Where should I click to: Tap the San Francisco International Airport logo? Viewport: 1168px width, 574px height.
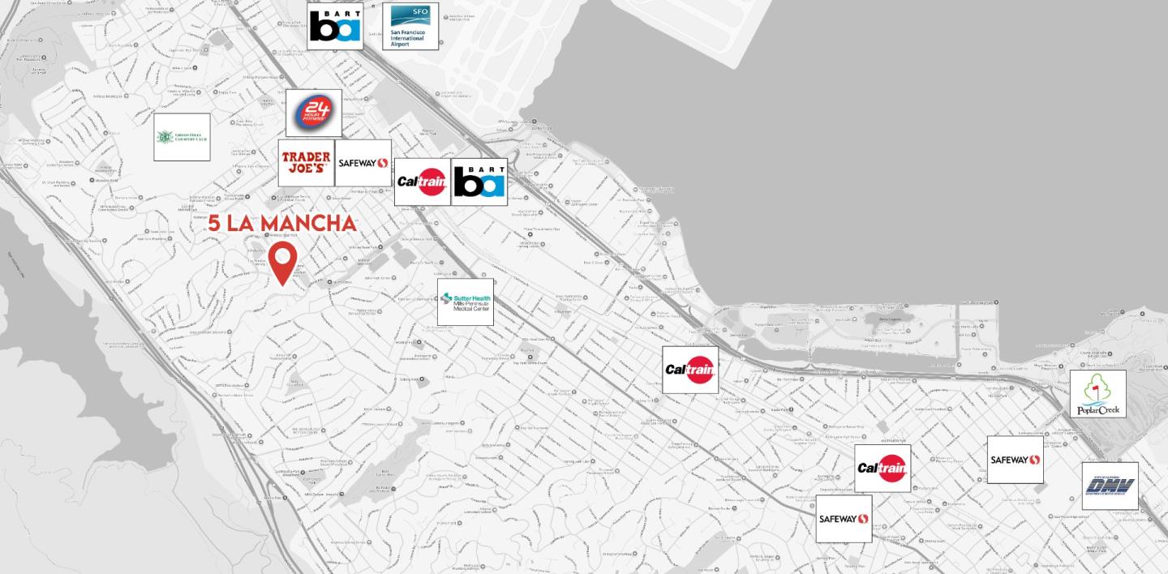410,26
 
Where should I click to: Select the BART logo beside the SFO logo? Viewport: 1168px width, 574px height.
335,26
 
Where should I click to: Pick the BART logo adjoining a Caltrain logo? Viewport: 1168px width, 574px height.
479,182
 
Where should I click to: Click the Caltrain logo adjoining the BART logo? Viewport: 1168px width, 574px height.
423,182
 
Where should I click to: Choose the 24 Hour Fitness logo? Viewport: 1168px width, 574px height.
314,113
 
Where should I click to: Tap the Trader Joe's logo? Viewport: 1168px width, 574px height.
306,163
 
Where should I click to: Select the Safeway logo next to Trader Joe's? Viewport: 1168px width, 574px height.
363,163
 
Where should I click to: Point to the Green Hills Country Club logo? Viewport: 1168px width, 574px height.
182,137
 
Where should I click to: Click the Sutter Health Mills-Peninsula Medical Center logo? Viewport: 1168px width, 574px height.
466,302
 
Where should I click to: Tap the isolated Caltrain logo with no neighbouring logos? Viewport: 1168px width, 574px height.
690,370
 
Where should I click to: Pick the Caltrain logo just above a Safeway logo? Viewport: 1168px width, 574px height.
882,468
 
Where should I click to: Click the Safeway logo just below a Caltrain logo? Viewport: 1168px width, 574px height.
844,519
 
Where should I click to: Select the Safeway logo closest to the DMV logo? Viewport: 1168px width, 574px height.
1015,460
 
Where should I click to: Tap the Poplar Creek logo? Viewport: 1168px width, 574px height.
1098,394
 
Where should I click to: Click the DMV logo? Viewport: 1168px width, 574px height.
1110,486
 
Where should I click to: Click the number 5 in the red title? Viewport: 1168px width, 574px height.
214,223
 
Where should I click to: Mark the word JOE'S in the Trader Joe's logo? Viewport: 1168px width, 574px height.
306,169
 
